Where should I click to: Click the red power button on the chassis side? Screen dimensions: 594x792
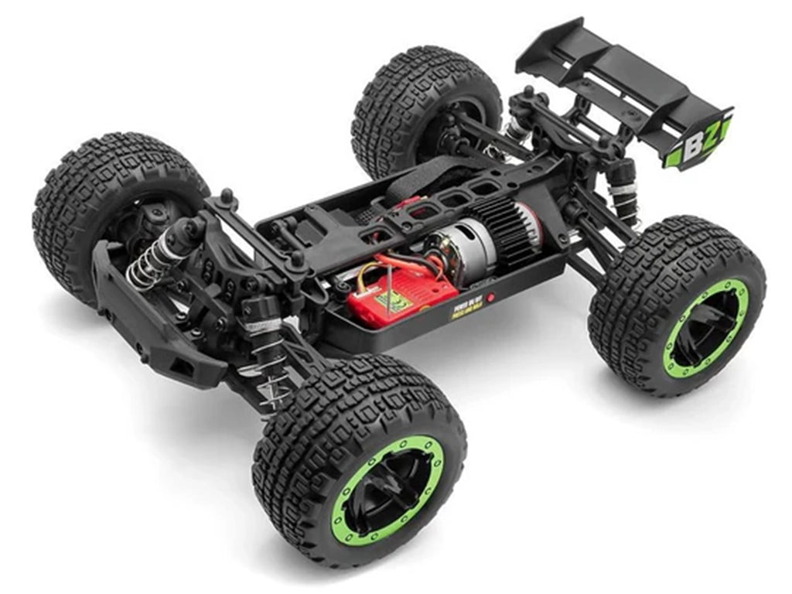tap(490, 297)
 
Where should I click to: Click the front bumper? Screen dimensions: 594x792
tap(155, 325)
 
